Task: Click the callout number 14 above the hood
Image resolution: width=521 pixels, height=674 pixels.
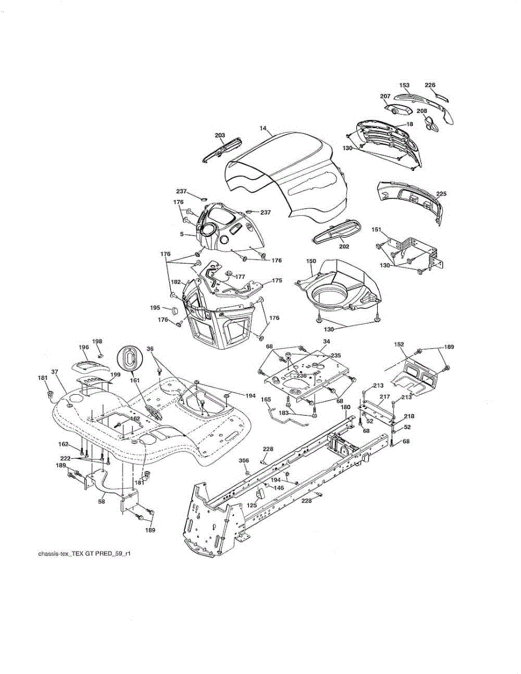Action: pos(262,129)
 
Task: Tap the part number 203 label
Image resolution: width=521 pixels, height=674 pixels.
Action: pos(220,135)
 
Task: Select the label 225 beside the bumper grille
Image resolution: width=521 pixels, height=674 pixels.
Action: pos(441,194)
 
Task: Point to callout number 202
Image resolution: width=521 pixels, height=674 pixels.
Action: pos(344,247)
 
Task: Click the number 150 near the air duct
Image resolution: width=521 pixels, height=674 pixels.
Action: pos(311,262)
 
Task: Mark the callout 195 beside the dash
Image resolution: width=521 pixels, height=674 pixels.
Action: pos(155,307)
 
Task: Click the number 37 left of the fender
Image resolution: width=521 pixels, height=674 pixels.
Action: pos(55,372)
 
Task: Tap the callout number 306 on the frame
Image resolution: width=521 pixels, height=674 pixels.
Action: pos(243,461)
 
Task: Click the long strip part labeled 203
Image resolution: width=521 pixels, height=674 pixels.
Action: pos(222,149)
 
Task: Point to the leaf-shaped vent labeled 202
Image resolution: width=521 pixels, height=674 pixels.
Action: pos(337,231)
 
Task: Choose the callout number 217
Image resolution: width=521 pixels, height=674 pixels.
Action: pos(384,397)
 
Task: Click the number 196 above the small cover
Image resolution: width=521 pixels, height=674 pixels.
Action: pos(84,347)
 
